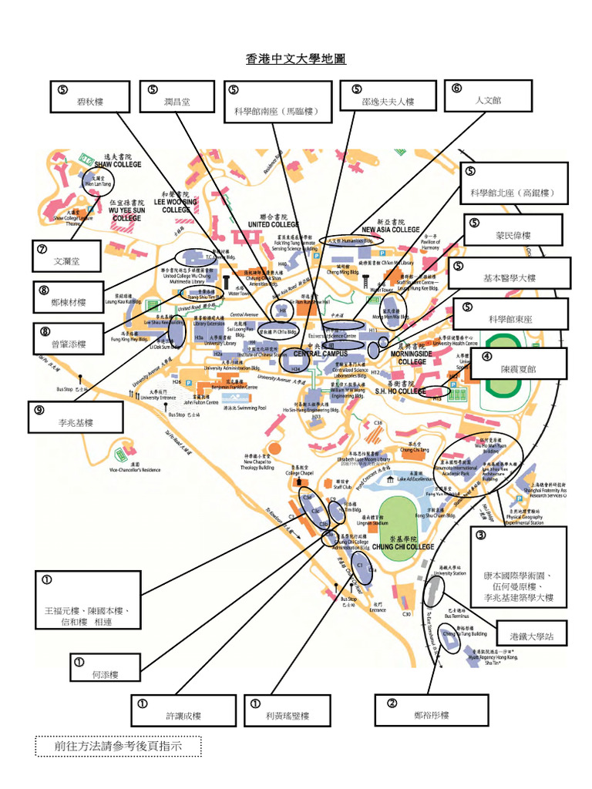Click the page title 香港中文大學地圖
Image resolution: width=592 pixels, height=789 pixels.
tap(296, 59)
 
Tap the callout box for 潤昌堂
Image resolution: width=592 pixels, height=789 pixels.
tap(177, 96)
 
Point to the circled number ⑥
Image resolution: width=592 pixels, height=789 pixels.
tap(458, 87)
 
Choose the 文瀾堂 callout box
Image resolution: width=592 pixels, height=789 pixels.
tap(67, 257)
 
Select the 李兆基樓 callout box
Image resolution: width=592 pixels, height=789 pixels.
tap(76, 417)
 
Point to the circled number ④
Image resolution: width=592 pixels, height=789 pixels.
tap(486, 355)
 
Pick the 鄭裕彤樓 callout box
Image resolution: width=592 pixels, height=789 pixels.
tap(431, 710)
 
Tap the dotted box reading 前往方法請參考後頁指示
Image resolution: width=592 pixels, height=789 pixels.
tap(118, 746)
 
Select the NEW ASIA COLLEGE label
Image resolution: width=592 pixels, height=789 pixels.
tap(391, 230)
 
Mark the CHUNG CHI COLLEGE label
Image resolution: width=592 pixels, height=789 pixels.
tap(403, 547)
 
